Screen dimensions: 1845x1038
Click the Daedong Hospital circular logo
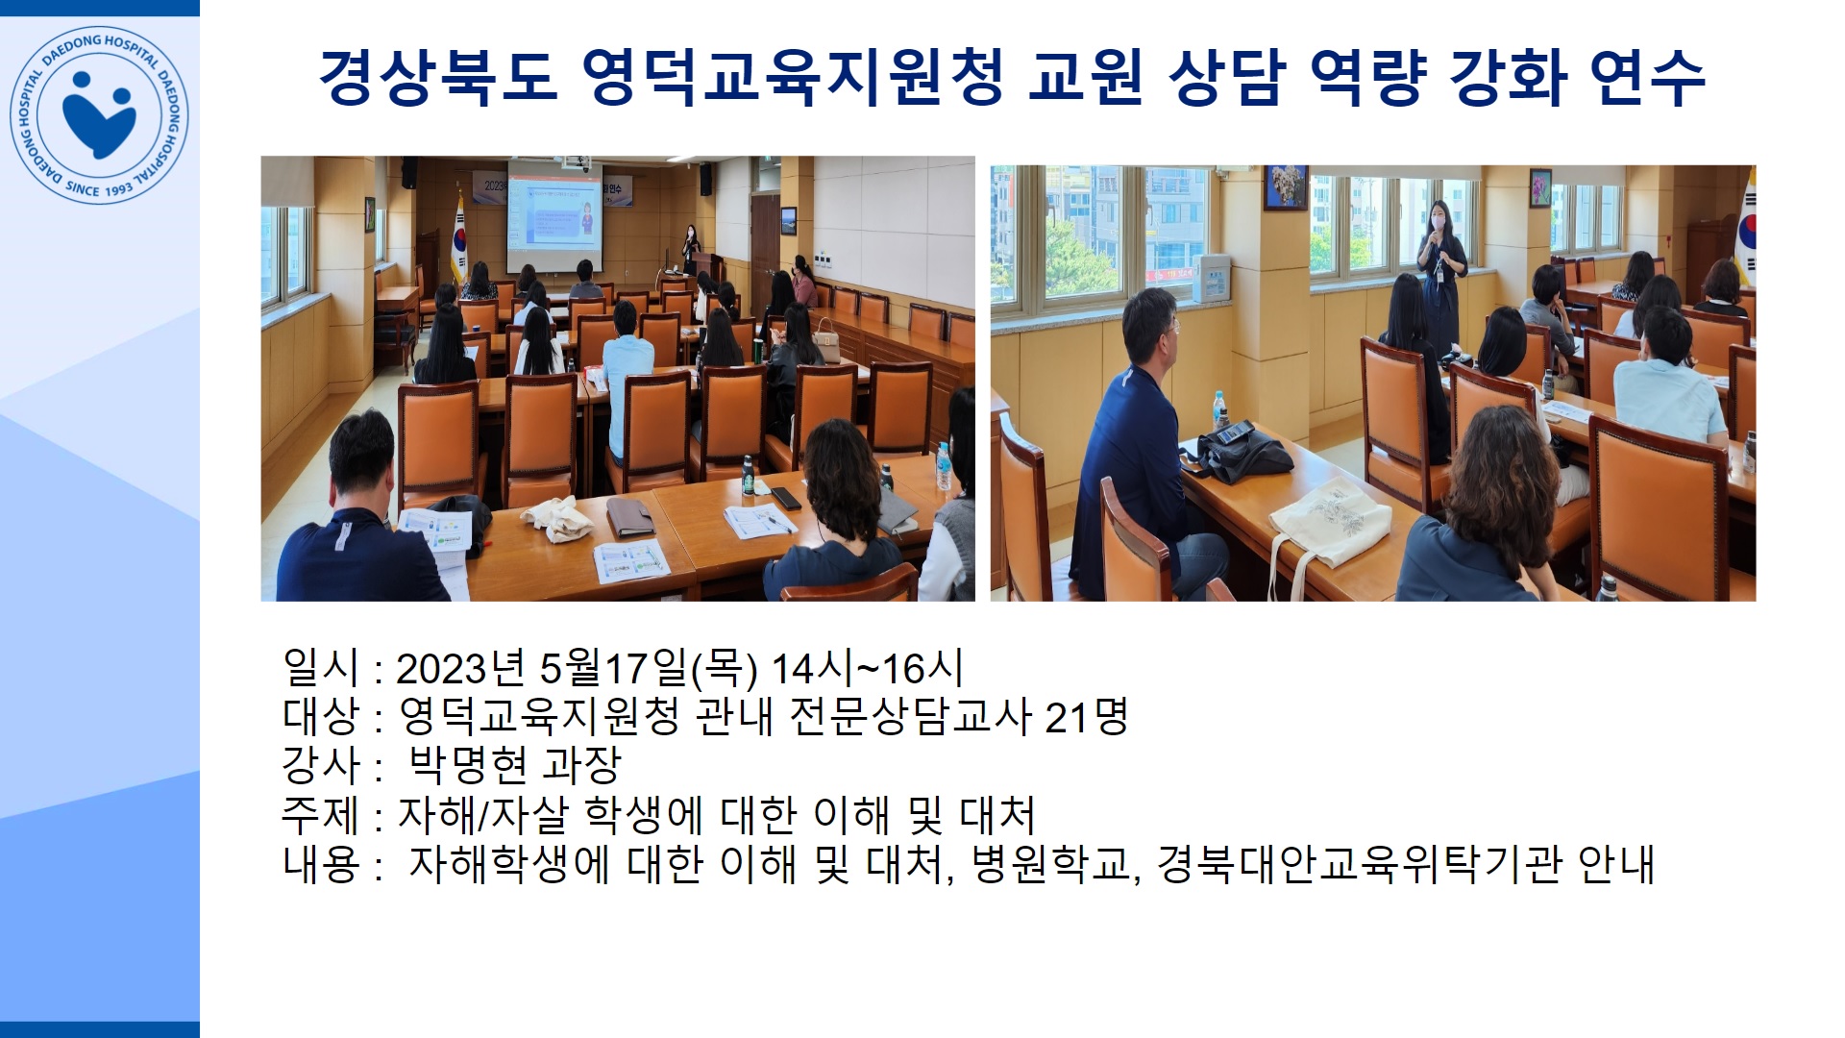click(99, 114)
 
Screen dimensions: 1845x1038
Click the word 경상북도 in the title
click(438, 76)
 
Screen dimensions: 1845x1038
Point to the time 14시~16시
click(867, 667)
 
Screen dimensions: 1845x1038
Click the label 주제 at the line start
click(320, 814)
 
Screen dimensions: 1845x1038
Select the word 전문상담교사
click(910, 716)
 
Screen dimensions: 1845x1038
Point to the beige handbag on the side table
click(826, 334)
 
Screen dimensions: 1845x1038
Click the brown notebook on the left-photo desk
click(630, 518)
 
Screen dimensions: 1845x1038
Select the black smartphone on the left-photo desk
click(785, 498)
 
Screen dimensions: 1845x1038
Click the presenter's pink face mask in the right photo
click(1439, 222)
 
